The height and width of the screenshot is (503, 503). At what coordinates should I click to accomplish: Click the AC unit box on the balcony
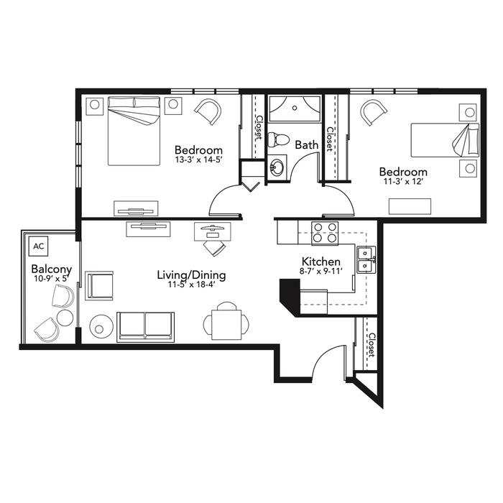coord(39,246)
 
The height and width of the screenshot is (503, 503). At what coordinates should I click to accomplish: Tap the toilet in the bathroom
coord(278,139)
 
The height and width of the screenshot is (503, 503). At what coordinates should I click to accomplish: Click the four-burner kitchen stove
coord(325,233)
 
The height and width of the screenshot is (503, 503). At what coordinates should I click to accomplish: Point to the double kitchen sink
coord(366,260)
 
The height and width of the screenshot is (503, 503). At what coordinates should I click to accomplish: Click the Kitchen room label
coord(321,262)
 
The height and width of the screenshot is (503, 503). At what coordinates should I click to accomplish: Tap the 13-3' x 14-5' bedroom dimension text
coord(199,160)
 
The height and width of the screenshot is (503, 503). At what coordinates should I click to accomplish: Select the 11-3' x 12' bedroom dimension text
coord(404,181)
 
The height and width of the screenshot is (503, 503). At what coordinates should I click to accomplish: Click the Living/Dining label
coord(192,275)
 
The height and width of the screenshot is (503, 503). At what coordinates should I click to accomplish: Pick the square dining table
coord(226,324)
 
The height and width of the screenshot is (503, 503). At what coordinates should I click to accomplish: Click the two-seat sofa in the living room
coord(146,326)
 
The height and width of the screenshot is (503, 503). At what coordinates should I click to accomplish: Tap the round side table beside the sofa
coord(101,326)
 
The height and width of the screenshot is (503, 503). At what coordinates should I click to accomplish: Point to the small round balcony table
coord(65,318)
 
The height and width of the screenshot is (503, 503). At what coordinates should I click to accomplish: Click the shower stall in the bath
coord(295,109)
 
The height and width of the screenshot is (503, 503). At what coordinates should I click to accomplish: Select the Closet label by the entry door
coord(372,345)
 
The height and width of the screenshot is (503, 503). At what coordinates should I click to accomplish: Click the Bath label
coord(307,144)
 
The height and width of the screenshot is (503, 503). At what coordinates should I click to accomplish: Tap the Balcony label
coord(52,269)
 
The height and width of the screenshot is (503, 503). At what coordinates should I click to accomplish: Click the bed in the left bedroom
coord(134,131)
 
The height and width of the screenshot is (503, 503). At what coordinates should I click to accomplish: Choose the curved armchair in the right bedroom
coord(374,113)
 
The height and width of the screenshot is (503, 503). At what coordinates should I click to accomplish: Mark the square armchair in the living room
coord(99,285)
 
